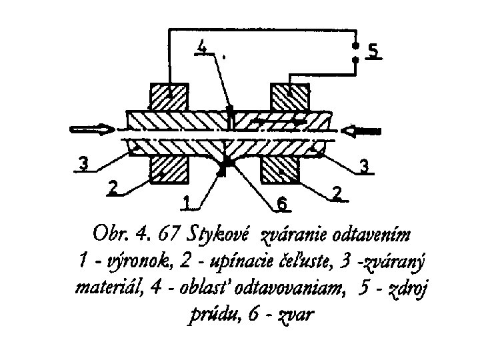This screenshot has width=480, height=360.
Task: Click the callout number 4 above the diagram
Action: [x=205, y=47]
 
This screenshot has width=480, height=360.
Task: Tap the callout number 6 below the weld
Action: [x=282, y=204]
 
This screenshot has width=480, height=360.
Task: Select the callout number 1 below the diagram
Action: [x=187, y=201]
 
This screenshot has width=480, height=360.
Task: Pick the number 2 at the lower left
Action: [x=113, y=188]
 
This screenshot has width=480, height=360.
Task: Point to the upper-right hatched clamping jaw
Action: [x=288, y=97]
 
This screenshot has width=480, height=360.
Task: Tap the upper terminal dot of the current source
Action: [x=356, y=47]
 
